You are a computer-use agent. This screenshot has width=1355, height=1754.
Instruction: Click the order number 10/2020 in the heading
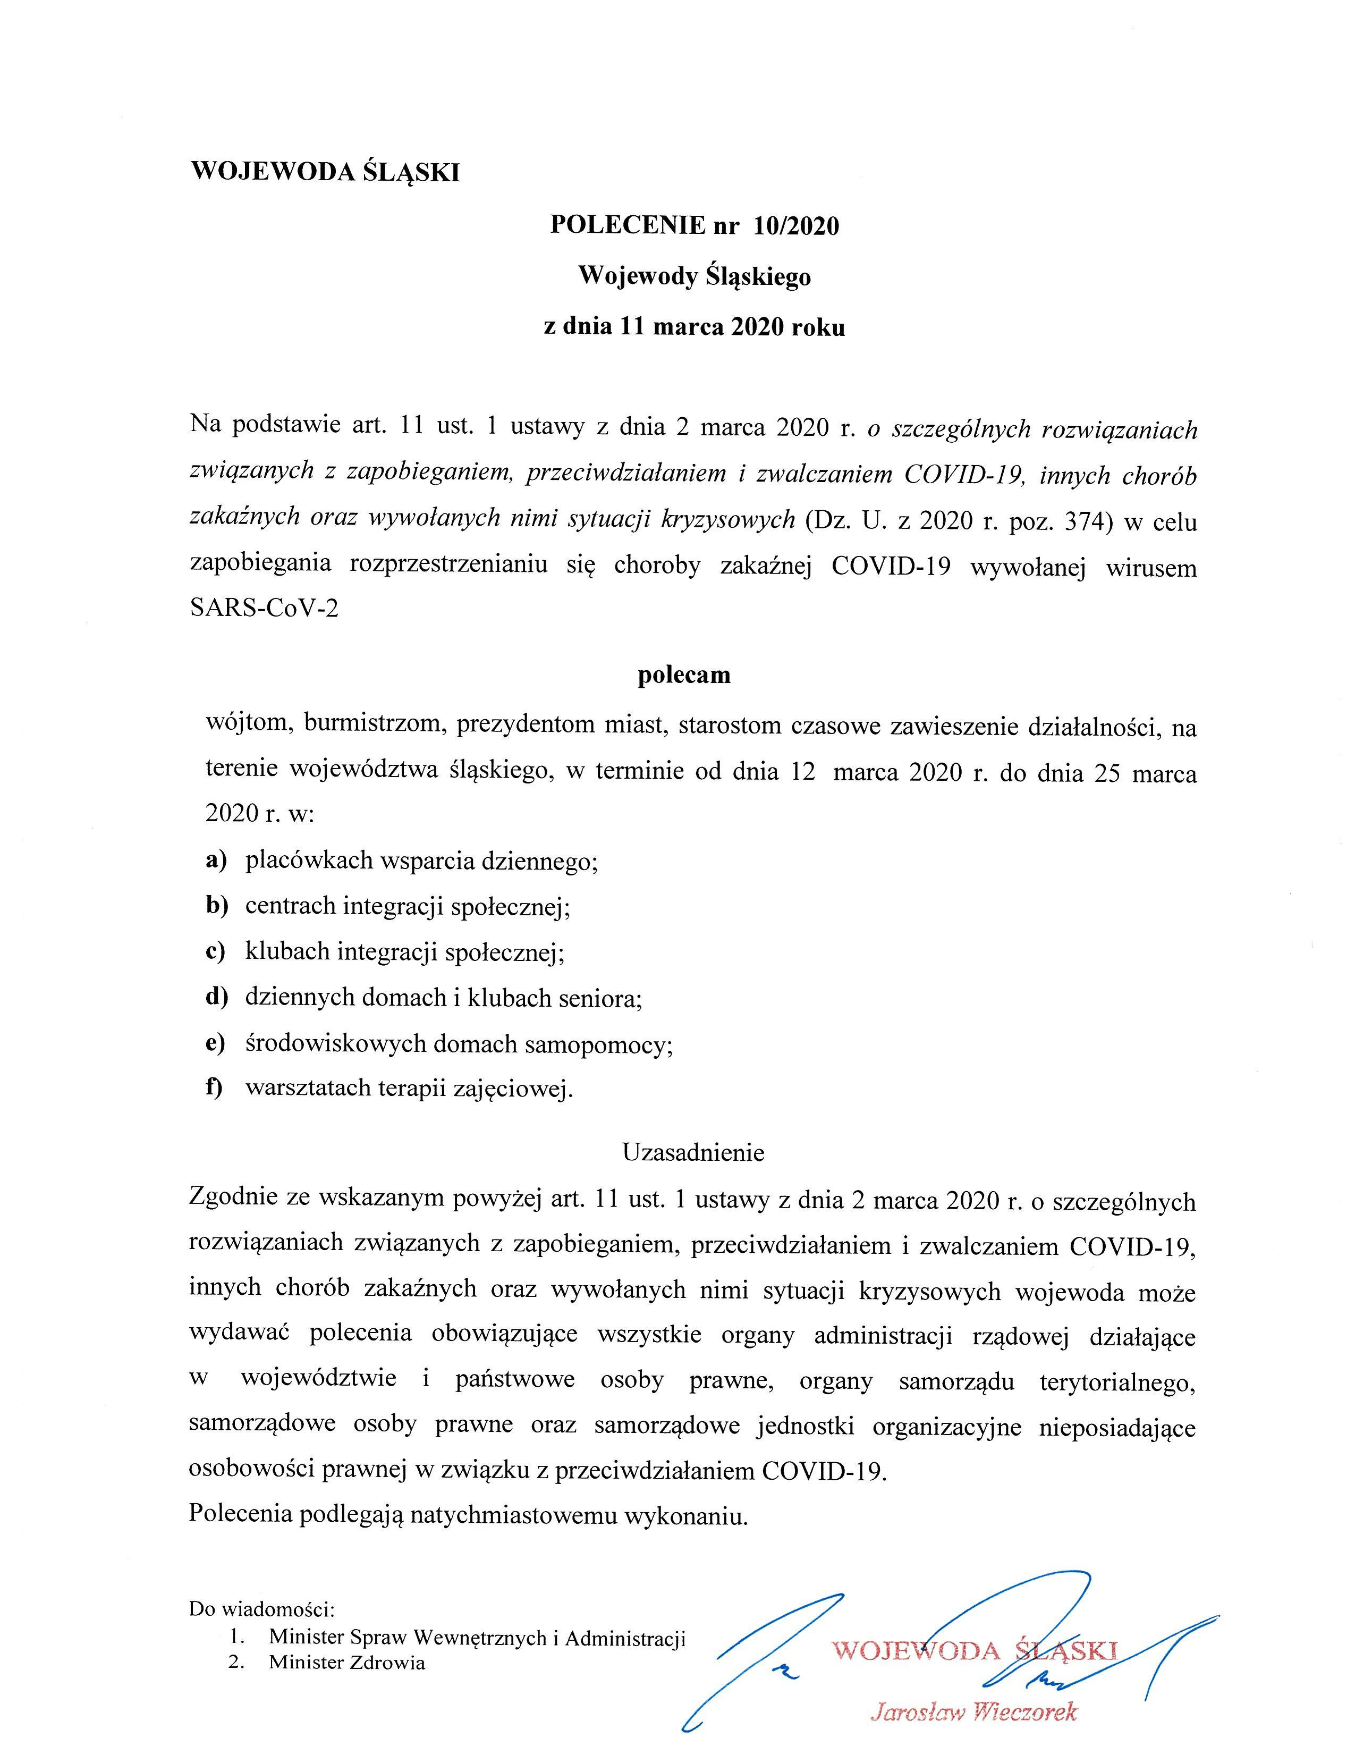click(x=795, y=226)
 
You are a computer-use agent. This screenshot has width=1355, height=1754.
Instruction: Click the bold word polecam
click(x=684, y=674)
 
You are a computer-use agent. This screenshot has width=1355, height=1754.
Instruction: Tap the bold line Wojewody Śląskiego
click(x=695, y=276)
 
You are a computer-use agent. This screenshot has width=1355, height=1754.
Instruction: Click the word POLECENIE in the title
click(x=627, y=226)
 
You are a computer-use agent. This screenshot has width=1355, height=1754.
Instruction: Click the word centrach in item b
click(x=291, y=906)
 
